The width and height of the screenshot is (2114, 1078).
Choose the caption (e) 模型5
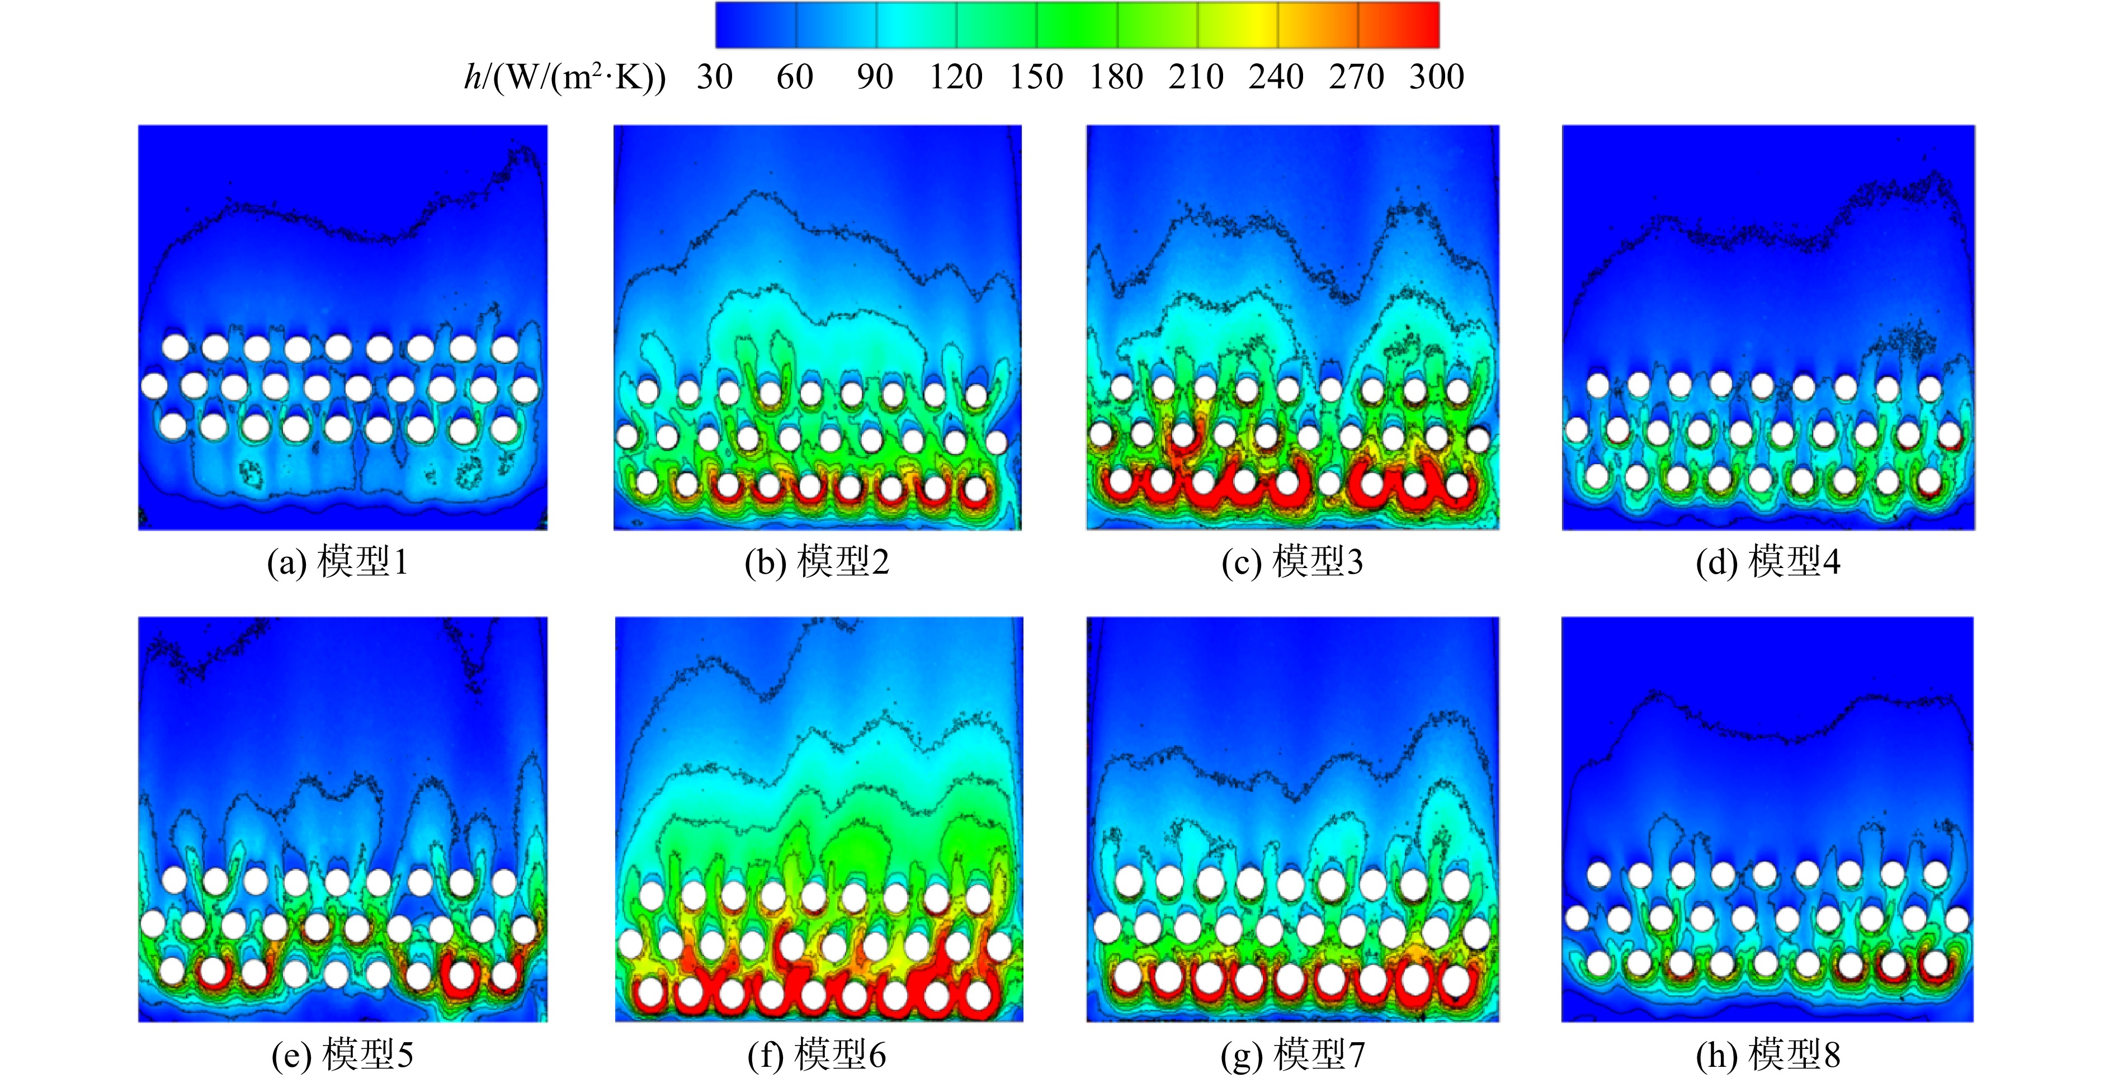(x=342, y=1055)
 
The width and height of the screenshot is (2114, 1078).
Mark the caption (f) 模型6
(x=817, y=1055)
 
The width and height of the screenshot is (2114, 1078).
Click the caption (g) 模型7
(x=1292, y=1055)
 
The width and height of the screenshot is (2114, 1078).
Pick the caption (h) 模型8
(x=1768, y=1055)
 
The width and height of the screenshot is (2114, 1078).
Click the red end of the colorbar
(x=1420, y=25)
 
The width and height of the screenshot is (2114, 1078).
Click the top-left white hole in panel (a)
(x=175, y=347)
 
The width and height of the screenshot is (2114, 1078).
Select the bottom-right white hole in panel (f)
(x=978, y=994)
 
